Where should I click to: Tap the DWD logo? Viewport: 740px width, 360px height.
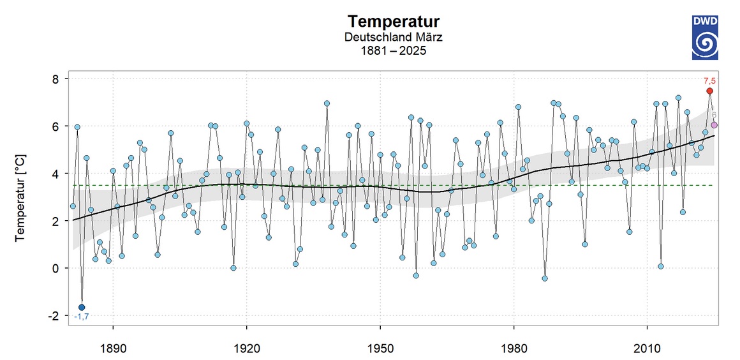(705, 38)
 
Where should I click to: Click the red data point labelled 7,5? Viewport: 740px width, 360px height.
(709, 91)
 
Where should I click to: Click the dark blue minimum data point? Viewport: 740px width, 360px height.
(82, 307)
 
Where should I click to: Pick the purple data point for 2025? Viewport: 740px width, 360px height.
(714, 125)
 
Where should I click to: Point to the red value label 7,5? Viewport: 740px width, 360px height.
(709, 81)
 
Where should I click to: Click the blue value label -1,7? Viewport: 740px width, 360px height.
(81, 317)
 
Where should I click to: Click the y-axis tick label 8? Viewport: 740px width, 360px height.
(56, 79)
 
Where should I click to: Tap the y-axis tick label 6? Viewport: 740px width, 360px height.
(56, 126)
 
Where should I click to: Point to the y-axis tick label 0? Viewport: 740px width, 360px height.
(56, 268)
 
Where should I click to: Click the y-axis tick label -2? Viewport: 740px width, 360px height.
(54, 315)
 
